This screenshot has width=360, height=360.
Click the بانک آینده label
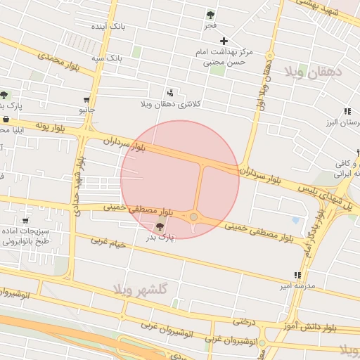pos(108,26)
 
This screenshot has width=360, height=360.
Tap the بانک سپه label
pos(109,56)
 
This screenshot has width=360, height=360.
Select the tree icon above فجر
pos(210,14)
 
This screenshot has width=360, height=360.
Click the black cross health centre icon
pos(224,41)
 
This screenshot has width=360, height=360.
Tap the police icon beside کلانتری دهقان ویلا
pos(170,93)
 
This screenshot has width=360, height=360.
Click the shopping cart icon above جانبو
pos(86,100)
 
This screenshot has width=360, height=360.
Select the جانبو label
pos(86,110)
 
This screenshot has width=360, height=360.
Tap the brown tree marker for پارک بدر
pos(160,226)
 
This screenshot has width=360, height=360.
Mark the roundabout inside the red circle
pos(193,217)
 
